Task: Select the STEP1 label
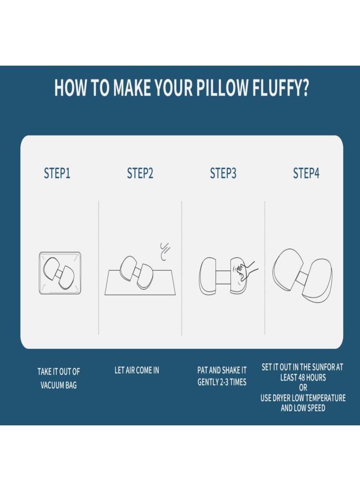(57, 174)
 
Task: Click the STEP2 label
(140, 174)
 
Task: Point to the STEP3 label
(223, 174)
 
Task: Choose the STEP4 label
(306, 174)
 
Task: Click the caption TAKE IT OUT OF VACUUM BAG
(58, 378)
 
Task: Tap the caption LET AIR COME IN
(137, 371)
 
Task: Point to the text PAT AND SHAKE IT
(222, 370)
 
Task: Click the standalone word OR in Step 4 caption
(303, 388)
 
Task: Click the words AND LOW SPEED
(303, 408)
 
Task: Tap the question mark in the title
(304, 88)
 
